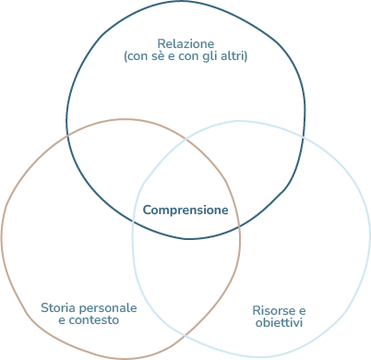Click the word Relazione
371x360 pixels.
(185, 43)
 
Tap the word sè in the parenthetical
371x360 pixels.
(162, 56)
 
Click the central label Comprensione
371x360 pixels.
(185, 210)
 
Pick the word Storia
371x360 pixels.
(58, 306)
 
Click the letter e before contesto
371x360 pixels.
(61, 319)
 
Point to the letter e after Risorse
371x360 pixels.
(301, 310)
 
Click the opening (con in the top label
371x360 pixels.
(136, 56)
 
